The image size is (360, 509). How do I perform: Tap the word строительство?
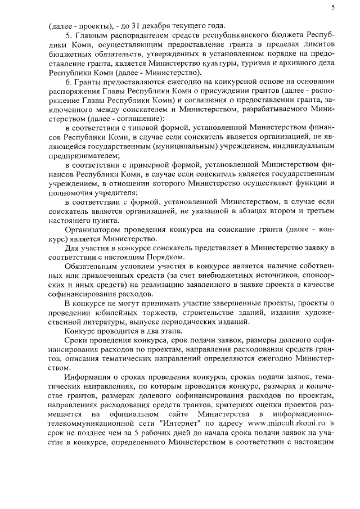208,313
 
